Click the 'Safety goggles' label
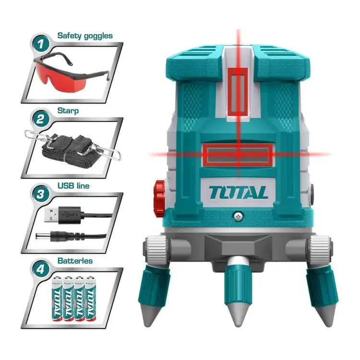[85, 35]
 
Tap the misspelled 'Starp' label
[68, 110]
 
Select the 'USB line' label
[73, 185]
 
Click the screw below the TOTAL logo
[237, 216]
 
